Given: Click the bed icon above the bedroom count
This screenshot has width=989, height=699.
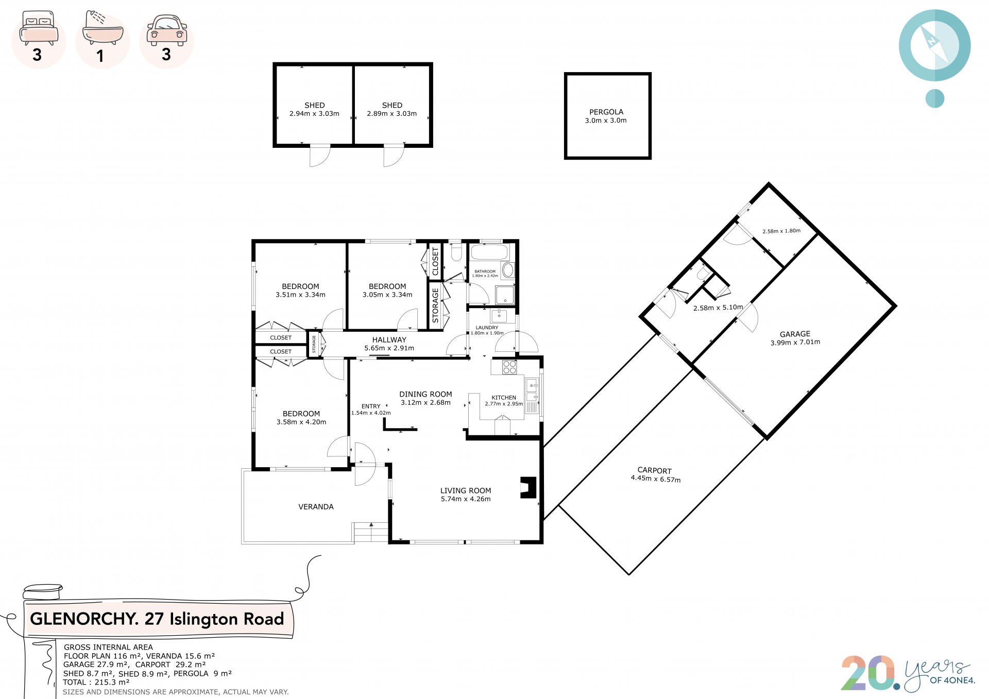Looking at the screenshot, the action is (39, 28).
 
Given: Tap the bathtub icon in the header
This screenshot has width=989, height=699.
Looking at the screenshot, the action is (103, 28).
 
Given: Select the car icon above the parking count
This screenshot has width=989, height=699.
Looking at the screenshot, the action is (167, 30).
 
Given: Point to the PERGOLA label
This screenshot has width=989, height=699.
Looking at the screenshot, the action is (606, 112).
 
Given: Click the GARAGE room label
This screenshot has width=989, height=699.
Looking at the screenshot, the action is (795, 334).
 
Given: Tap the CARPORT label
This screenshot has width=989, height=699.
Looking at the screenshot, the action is (655, 470).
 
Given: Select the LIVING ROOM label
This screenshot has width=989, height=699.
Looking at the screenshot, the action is (466, 491).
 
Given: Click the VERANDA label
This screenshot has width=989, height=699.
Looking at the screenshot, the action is (316, 507).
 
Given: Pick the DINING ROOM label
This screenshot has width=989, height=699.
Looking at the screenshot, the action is (425, 394).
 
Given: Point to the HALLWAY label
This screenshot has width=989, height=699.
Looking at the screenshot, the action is (389, 340).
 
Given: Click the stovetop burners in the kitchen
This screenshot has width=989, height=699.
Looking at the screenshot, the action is (509, 367).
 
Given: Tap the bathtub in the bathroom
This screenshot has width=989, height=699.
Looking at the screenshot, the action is (489, 252).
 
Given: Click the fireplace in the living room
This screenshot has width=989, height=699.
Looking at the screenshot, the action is (528, 487).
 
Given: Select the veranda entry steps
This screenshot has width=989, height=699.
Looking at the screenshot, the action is (370, 532).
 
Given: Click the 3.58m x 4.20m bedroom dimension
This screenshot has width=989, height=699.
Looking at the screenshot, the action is (301, 422).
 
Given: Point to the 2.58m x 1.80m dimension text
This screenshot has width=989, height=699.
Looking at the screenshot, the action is (781, 231).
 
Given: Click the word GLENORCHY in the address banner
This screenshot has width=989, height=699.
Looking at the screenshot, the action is (84, 619).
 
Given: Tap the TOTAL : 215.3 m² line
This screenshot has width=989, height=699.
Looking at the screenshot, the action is (96, 682).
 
